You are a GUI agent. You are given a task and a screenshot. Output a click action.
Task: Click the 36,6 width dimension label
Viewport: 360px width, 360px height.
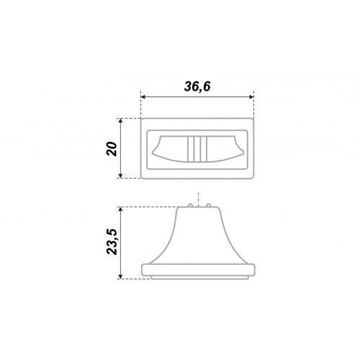click(x=197, y=86)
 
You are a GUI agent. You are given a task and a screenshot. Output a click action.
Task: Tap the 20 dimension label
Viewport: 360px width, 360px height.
click(x=112, y=149)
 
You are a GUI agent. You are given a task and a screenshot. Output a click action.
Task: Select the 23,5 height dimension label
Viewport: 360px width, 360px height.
click(x=112, y=242)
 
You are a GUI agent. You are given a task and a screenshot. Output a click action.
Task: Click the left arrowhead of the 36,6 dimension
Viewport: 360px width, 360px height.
click(x=143, y=96)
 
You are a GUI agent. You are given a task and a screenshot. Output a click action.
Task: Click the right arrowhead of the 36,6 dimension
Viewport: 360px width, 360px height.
click(x=251, y=96)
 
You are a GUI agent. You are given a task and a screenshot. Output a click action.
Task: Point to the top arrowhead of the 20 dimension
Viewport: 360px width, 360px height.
click(x=121, y=121)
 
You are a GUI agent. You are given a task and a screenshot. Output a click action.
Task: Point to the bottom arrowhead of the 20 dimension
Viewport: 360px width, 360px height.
click(x=121, y=176)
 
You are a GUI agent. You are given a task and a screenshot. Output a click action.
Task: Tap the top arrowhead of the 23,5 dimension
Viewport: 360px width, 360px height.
click(x=121, y=210)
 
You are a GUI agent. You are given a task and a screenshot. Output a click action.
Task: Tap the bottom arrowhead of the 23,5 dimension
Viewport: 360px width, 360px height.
click(x=121, y=276)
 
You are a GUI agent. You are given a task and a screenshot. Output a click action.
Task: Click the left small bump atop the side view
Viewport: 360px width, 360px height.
click(x=190, y=205)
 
